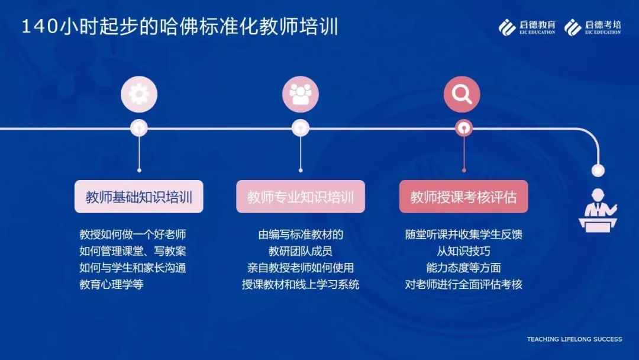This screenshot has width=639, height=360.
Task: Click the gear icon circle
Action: point(139,94)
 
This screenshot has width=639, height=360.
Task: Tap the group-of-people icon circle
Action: point(301,94)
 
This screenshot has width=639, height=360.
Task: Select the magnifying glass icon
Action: point(461,94)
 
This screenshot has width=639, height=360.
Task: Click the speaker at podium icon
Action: point(598,210)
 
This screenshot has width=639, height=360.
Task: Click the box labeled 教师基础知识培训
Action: point(138,197)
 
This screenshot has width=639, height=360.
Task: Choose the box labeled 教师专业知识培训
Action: point(301,197)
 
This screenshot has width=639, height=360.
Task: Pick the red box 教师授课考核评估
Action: point(463,197)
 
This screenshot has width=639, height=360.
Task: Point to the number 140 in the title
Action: point(40,27)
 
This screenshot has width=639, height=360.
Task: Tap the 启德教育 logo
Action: point(527,27)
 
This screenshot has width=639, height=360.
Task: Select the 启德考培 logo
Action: point(592,27)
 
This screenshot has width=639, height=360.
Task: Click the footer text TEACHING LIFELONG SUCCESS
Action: point(574,339)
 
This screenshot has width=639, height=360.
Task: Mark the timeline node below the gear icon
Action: point(139,128)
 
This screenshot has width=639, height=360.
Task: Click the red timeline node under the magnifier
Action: point(463,128)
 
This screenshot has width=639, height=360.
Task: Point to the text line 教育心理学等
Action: point(111,284)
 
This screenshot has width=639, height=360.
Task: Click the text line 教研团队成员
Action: point(301,250)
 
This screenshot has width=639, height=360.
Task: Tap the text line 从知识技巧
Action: point(463,250)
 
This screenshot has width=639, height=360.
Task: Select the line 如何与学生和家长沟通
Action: point(133,268)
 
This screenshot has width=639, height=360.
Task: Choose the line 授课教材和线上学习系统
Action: point(301,284)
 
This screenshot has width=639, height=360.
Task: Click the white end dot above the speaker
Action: point(598,170)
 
